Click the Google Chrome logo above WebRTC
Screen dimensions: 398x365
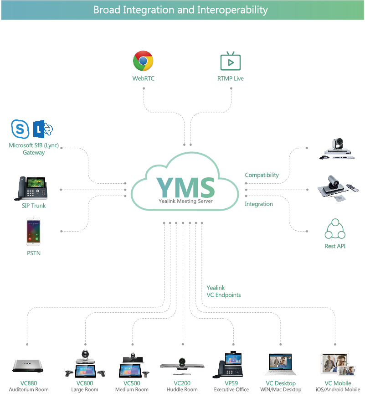pos(143,61)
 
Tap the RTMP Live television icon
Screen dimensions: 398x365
pos(230,62)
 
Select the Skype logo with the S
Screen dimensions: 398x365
pos(20,129)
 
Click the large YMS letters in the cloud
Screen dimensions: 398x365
pos(185,186)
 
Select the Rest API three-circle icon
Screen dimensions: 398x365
pos(335,229)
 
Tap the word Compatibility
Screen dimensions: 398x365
pos(262,175)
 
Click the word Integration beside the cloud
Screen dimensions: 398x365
pos(259,204)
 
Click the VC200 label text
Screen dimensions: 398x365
pos(182,383)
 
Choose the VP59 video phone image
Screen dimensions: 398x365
pos(231,364)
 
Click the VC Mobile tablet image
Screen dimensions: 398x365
pos(337,364)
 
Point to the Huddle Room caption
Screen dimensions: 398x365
pos(182,390)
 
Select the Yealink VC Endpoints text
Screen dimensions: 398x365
pos(223,291)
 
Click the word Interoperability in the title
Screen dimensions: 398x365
pos(232,10)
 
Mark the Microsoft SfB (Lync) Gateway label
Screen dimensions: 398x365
pos(34,149)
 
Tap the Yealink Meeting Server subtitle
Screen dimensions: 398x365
pos(185,201)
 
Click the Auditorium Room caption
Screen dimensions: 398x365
pos(28,390)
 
